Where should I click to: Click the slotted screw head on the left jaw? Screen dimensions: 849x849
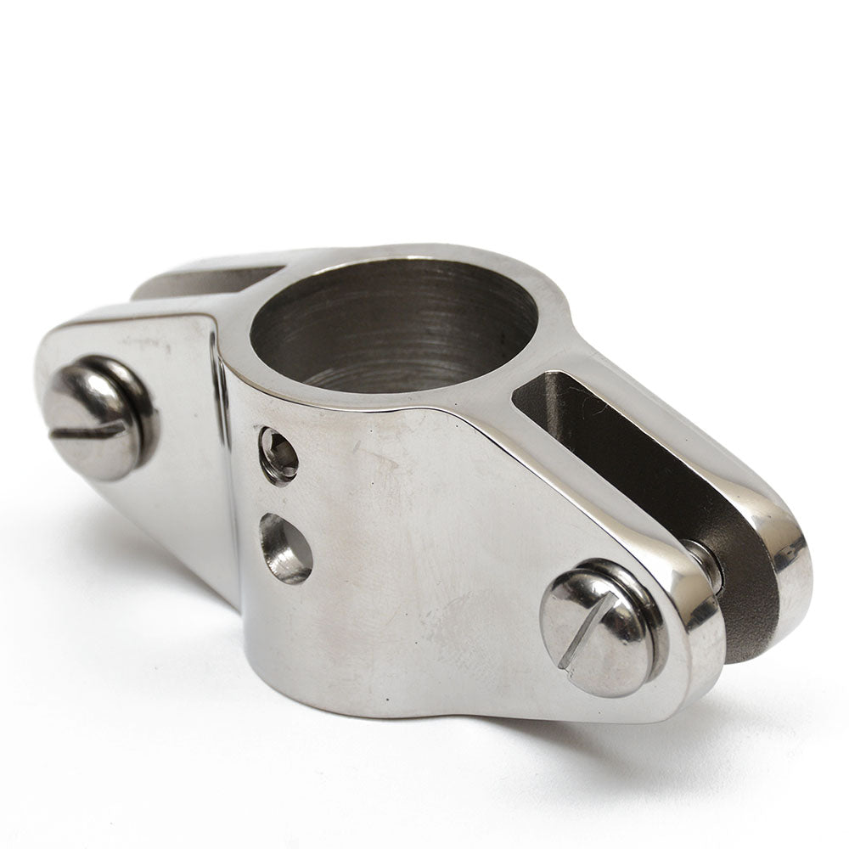(x=99, y=417)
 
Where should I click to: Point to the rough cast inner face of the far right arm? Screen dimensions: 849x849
(x=654, y=475)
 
